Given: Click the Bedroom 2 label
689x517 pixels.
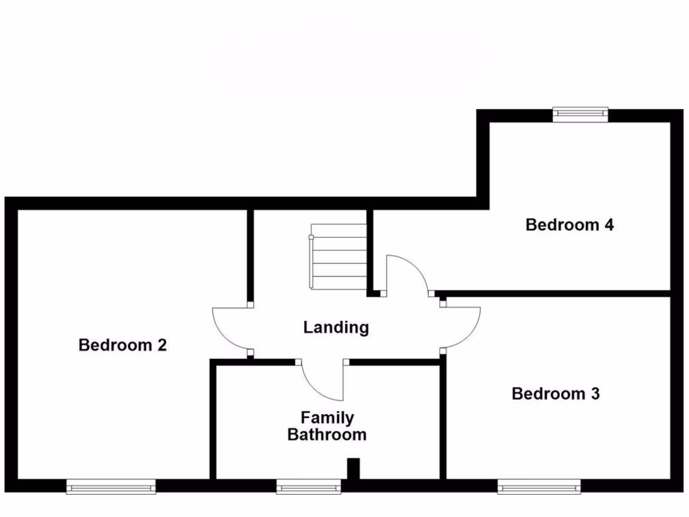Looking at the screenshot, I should pyautogui.click(x=122, y=345).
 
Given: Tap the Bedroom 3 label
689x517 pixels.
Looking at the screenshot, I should pyautogui.click(x=555, y=394).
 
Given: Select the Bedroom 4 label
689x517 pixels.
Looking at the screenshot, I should pyautogui.click(x=569, y=225).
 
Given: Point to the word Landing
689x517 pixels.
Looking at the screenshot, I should pyautogui.click(x=336, y=328).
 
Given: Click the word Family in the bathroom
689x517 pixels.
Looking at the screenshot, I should pyautogui.click(x=327, y=418).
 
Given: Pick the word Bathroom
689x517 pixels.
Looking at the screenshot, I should pyautogui.click(x=327, y=435).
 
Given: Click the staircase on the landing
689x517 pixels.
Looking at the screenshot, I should pyautogui.click(x=338, y=256).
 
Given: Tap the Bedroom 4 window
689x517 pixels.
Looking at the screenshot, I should pyautogui.click(x=580, y=114).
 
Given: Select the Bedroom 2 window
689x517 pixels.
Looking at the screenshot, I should pyautogui.click(x=111, y=486).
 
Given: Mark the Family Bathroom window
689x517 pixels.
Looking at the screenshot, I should pyautogui.click(x=309, y=486).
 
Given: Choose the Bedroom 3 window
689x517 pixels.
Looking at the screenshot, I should pyautogui.click(x=539, y=486).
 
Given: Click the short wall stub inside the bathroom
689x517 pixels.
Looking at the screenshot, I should pyautogui.click(x=353, y=469).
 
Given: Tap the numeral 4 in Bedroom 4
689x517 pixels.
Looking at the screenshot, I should pyautogui.click(x=608, y=225).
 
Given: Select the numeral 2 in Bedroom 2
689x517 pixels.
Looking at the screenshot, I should pyautogui.click(x=161, y=345).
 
